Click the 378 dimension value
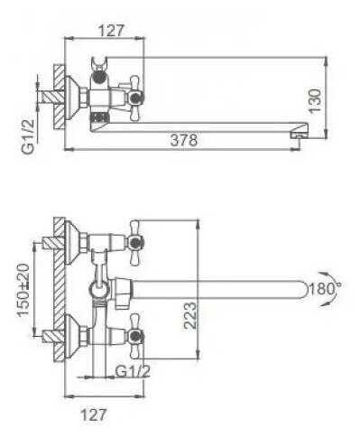(184, 140)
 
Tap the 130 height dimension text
(315, 100)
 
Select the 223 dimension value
(190, 315)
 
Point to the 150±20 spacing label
(23, 290)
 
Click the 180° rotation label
(324, 289)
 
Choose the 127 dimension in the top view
(111, 30)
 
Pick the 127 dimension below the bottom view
(94, 415)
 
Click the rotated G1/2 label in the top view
(29, 136)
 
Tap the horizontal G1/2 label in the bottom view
(133, 371)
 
